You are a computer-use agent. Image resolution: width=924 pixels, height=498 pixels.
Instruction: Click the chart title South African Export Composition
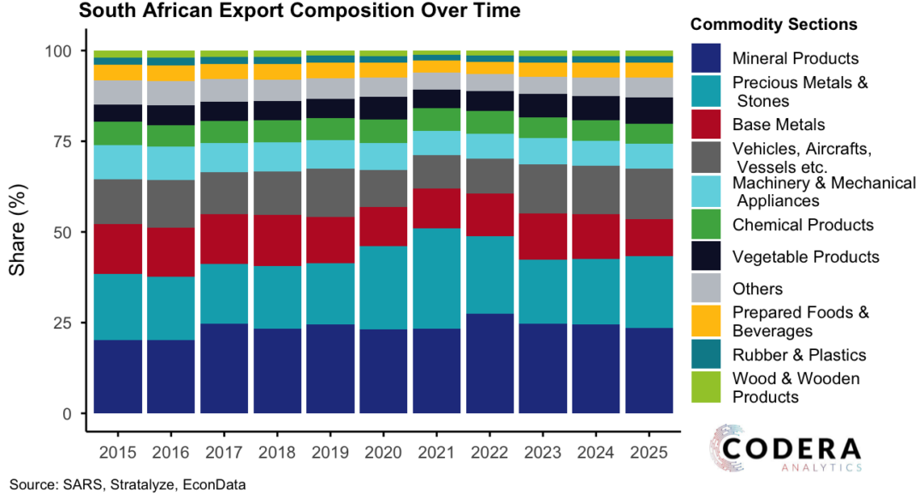[x=299, y=12]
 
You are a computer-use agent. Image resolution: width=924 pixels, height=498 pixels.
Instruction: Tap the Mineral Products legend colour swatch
[x=709, y=58]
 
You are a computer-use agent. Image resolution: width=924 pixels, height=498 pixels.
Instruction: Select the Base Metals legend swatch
[x=709, y=124]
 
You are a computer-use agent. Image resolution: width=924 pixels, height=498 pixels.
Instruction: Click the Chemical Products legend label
[x=803, y=224]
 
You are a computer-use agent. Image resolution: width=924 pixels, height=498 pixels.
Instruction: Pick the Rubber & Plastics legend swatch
[x=709, y=354]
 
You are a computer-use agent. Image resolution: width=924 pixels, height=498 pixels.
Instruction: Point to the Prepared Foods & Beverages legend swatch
[x=709, y=322]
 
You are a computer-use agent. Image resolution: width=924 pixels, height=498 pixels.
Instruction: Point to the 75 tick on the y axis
[x=65, y=142]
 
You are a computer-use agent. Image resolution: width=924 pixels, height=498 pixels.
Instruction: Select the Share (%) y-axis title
[x=19, y=233]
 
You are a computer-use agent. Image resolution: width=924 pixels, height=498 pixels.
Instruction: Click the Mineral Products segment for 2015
[x=118, y=376]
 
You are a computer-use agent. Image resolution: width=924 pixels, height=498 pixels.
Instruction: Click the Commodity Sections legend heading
[x=773, y=24]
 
